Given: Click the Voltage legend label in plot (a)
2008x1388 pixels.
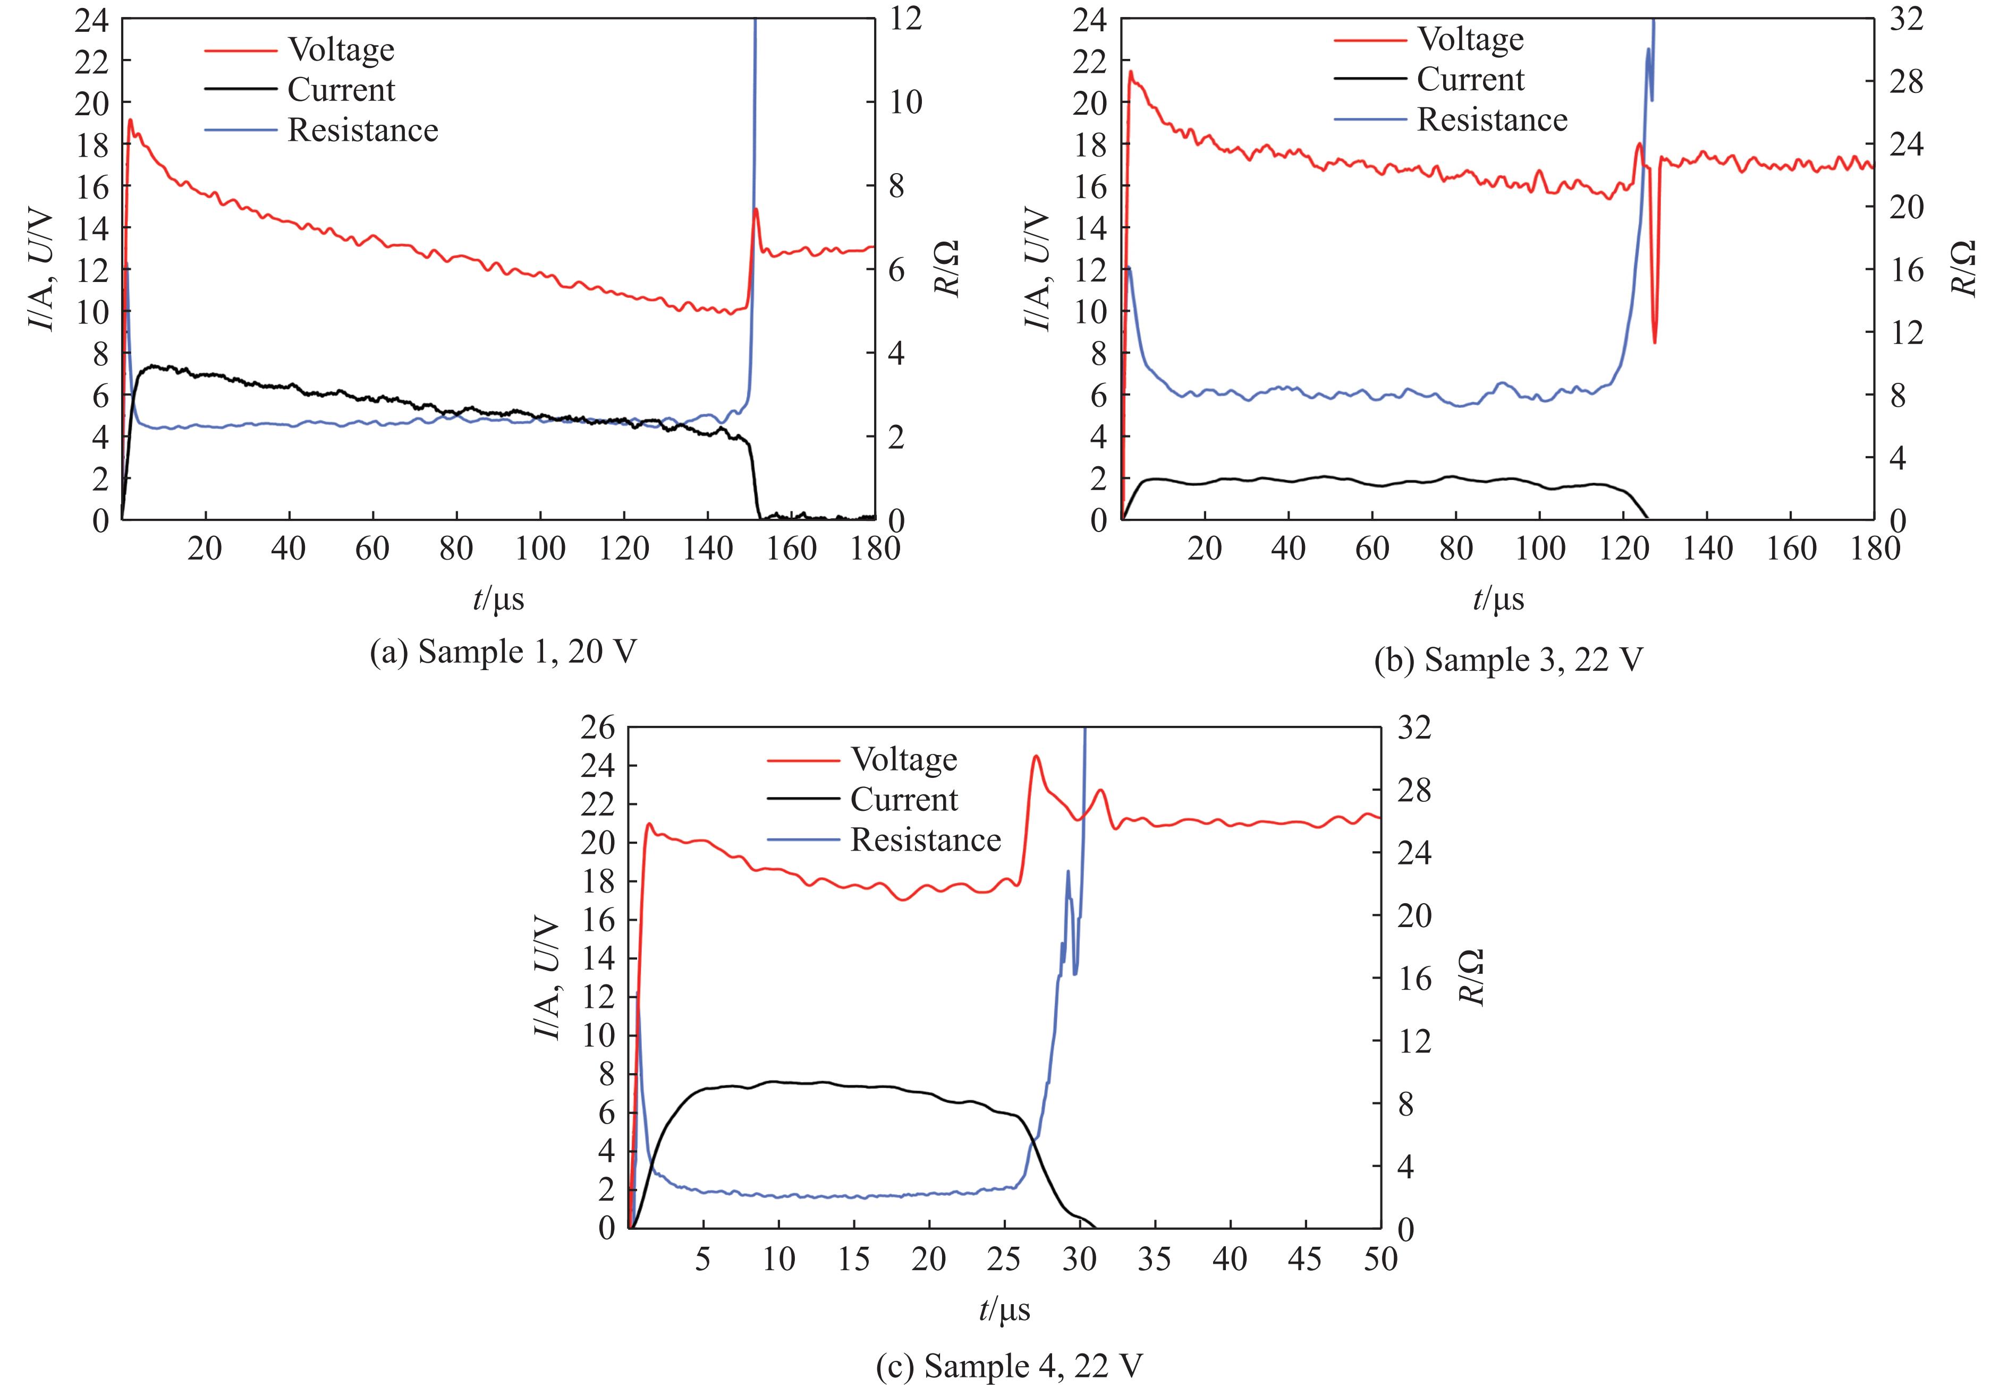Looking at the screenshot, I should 341,50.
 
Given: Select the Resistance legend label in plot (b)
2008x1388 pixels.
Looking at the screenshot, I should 1492,120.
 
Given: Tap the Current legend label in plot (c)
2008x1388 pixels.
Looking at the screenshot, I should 903,800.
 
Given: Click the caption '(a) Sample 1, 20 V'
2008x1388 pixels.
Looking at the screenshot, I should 503,652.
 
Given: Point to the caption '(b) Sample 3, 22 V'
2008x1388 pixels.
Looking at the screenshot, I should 1509,660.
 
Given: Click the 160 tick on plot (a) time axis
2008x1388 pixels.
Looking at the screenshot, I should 792,549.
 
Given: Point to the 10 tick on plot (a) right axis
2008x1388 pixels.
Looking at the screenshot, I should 905,102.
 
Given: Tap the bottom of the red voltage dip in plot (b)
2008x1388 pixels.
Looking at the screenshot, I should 1655,342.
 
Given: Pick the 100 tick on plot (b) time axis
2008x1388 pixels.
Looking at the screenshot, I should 1540,549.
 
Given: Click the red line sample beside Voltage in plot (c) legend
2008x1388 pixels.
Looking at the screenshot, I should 803,761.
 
